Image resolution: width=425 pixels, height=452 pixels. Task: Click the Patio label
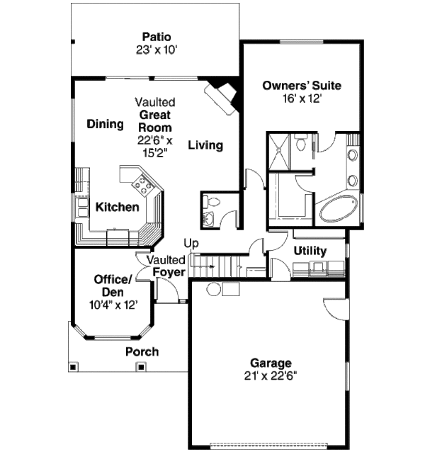click(156, 37)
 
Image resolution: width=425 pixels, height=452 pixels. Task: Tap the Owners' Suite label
click(302, 86)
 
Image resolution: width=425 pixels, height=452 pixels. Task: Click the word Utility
click(310, 251)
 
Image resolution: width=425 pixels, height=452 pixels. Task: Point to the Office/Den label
click(113, 285)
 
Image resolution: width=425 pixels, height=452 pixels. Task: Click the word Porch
click(142, 351)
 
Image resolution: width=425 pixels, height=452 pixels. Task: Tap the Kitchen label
click(117, 208)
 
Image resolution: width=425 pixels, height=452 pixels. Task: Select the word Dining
click(106, 124)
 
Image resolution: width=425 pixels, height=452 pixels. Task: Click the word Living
click(205, 145)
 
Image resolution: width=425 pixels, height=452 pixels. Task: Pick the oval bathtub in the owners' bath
click(339, 210)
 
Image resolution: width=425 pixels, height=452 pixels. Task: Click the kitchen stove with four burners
click(143, 186)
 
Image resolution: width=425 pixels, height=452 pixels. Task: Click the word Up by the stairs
click(191, 243)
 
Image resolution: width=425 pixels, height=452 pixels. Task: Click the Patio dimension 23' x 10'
click(156, 50)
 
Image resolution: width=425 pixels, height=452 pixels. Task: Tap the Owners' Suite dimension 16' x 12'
click(302, 99)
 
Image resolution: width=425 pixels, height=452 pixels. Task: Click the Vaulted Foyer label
click(167, 266)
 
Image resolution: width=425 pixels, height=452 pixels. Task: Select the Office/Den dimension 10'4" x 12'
click(113, 305)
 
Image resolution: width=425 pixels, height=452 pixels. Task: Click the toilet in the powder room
click(209, 203)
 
